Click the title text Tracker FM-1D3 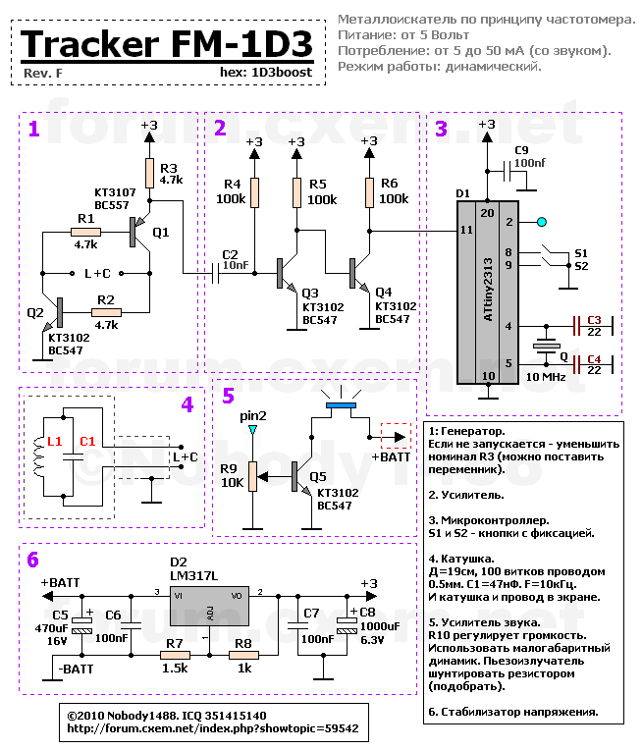point(167,44)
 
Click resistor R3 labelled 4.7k point(150,175)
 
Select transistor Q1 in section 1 point(136,232)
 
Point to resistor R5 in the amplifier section point(295,192)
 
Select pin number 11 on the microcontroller point(465,230)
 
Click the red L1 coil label point(54,443)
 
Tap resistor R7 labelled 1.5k point(175,655)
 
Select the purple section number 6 point(33,561)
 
